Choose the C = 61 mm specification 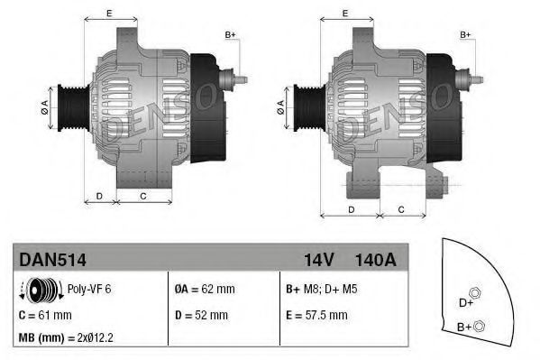point(45,315)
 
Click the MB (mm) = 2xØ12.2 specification point(69,337)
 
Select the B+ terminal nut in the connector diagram point(480,325)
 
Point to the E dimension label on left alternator point(109,13)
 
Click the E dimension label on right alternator point(347,13)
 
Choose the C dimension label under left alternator point(142,195)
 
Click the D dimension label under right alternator point(350,209)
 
